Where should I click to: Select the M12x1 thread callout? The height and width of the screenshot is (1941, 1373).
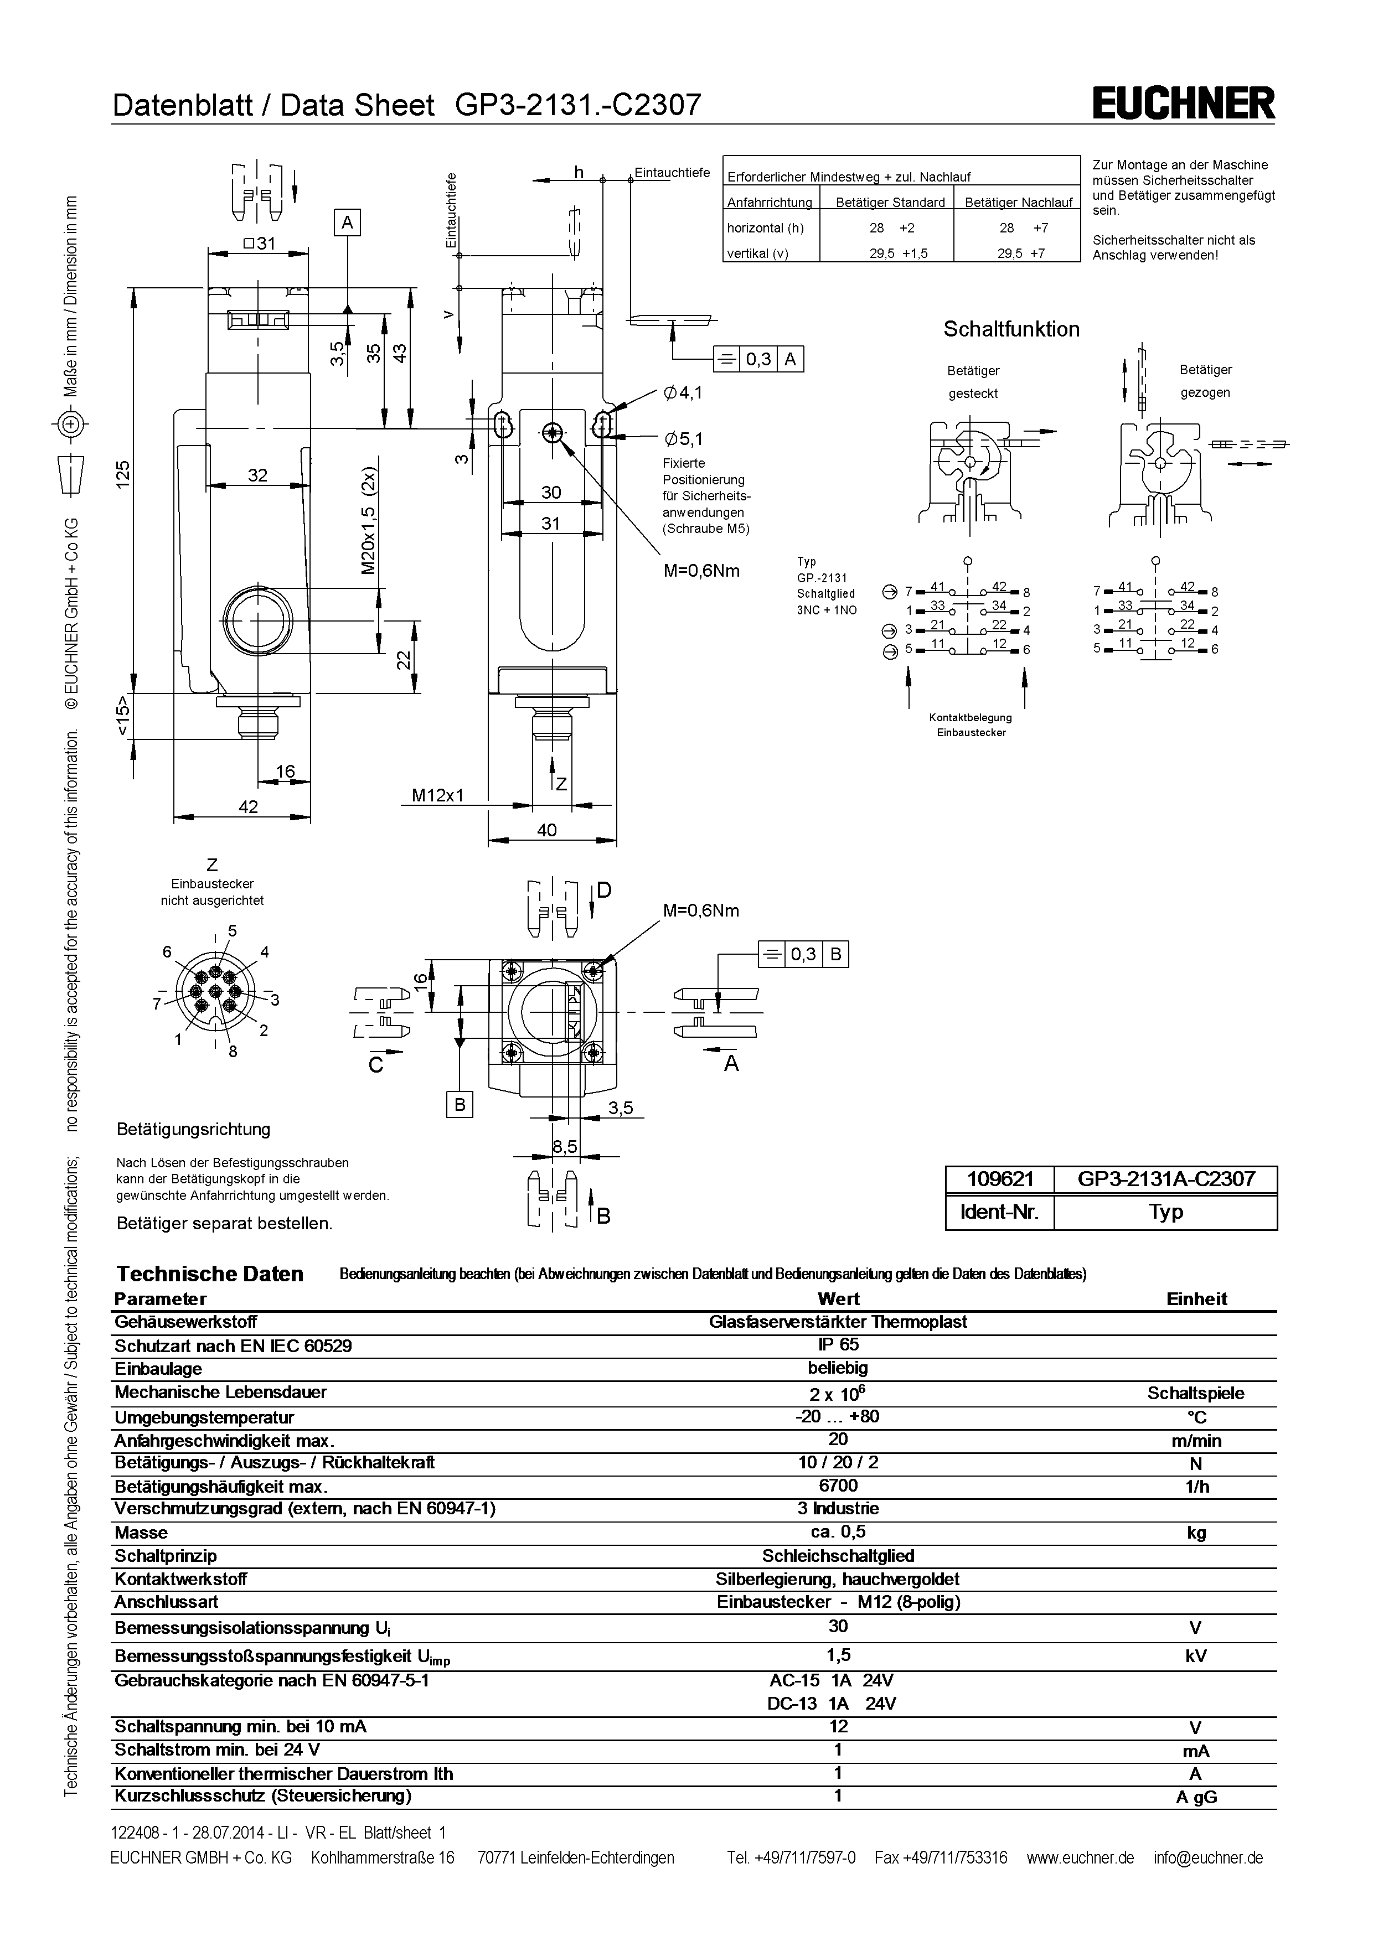tap(437, 795)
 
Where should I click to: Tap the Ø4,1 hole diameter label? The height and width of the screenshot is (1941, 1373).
tap(684, 392)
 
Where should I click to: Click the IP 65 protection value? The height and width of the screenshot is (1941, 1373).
tap(838, 1345)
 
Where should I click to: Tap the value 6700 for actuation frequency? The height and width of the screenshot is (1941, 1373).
tap(838, 1485)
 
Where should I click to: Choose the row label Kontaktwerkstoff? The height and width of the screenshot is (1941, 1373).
tap(181, 1578)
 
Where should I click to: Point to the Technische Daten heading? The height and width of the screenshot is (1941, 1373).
tap(210, 1274)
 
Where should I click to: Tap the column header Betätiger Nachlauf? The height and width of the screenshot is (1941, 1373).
tap(1018, 202)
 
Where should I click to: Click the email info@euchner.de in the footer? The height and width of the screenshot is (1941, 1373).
tap(1207, 1857)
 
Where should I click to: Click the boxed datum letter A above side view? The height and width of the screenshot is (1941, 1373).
tap(347, 222)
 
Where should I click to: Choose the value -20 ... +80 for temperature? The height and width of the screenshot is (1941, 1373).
tap(838, 1416)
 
